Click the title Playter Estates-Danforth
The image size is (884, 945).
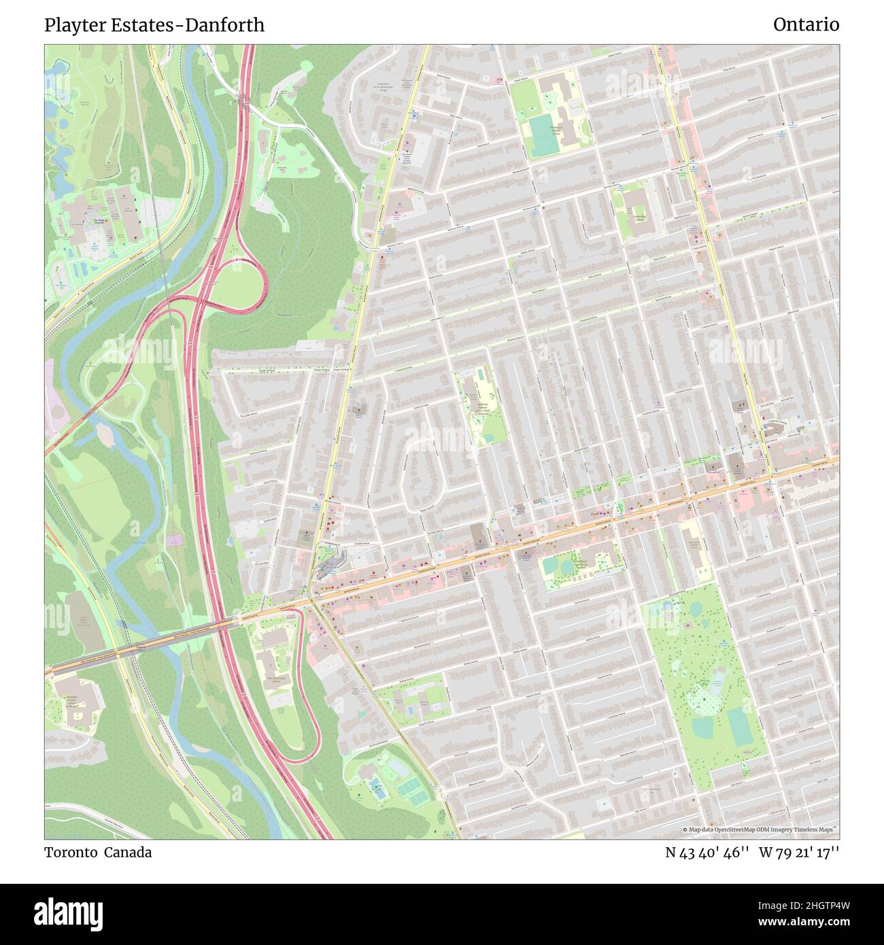tap(154, 25)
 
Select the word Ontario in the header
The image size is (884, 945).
tap(806, 25)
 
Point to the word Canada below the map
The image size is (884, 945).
tap(128, 852)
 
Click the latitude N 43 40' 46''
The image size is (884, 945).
tap(707, 852)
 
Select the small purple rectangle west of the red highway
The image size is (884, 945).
tap(175, 540)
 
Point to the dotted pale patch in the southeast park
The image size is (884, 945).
tap(704, 700)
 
